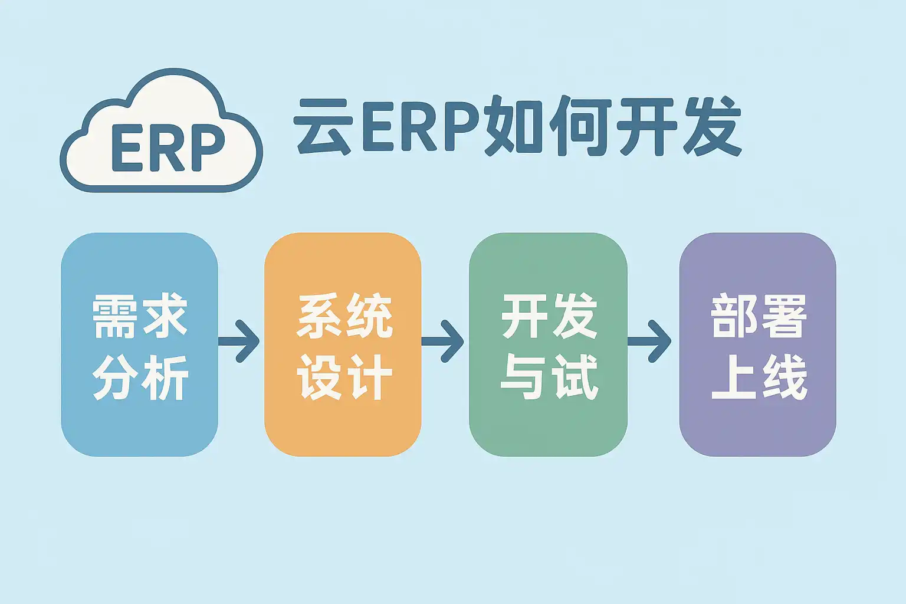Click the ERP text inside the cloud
168,147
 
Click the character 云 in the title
323,126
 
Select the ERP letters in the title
421,127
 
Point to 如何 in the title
548,126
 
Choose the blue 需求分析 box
140,344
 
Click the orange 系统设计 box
343,344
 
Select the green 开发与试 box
548,344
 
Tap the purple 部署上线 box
757,344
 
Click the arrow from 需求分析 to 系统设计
239,342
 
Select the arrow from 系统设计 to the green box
442,342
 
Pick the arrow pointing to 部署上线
649,342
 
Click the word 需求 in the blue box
140,316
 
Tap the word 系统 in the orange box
344,316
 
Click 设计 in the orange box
344,377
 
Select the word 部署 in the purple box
759,316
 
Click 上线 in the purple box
759,377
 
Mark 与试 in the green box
549,377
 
